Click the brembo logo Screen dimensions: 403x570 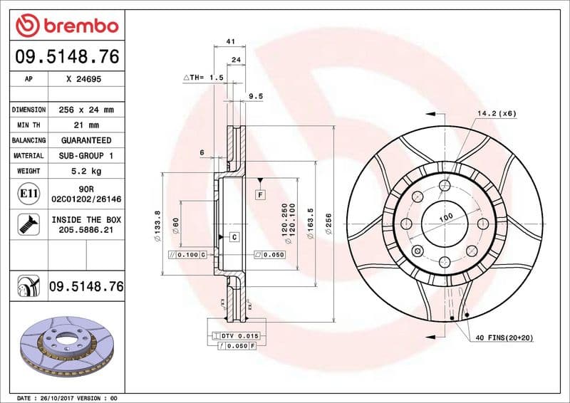[66, 26]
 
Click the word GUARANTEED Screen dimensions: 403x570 [85, 140]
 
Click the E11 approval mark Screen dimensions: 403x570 [28, 193]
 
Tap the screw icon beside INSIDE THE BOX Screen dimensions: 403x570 [28, 225]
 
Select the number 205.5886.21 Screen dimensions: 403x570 [85, 231]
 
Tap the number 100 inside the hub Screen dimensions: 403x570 [445, 216]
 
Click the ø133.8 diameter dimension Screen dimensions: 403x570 [157, 223]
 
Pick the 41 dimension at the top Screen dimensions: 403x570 [230, 42]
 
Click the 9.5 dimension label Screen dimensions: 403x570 [256, 95]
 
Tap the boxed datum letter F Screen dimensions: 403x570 [261, 194]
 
